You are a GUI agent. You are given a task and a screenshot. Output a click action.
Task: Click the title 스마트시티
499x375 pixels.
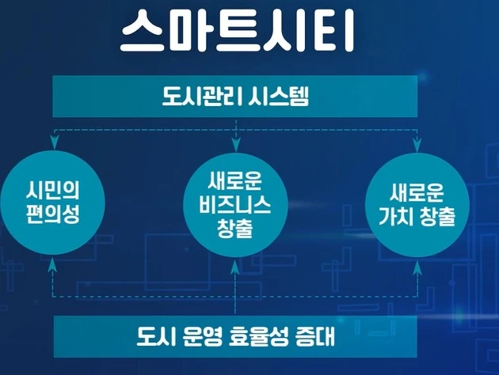click(235, 32)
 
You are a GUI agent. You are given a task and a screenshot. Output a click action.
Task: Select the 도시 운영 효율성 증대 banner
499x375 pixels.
click(235, 336)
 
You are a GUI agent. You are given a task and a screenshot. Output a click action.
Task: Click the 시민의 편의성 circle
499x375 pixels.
click(53, 203)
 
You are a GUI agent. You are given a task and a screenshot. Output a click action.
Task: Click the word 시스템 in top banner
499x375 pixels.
click(277, 97)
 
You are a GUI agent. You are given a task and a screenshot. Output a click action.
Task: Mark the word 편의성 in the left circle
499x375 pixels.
click(53, 214)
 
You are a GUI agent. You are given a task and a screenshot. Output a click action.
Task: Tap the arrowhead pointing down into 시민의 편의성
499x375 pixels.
click(53, 143)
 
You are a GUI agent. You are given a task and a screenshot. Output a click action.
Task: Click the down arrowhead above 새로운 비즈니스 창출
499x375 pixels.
click(235, 143)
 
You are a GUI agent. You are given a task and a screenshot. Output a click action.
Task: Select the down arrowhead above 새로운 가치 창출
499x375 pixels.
click(417, 143)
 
